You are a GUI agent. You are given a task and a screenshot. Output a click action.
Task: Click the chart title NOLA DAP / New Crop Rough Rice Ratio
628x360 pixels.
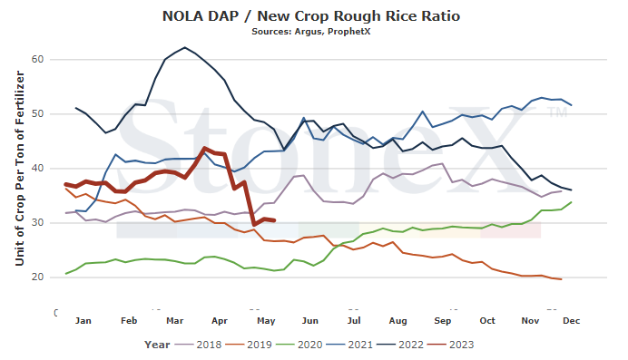311,16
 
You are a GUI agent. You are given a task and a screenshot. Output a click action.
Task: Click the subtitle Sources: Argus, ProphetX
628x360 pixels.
311,32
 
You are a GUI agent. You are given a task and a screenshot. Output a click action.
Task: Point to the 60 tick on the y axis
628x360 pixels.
37,59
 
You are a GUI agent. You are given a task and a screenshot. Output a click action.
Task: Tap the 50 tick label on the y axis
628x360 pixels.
37,114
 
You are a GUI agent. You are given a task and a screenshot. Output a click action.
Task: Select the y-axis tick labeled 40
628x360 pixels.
37,169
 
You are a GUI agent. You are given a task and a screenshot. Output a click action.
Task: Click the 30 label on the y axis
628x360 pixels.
37,223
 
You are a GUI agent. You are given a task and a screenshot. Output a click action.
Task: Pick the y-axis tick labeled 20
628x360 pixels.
37,277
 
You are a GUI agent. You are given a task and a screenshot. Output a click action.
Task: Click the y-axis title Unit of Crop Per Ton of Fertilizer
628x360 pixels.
20,169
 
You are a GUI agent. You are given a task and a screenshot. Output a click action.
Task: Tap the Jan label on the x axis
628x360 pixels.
83,321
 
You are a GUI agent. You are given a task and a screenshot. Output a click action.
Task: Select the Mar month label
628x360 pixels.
174,321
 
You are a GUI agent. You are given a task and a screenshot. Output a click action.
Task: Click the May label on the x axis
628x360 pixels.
266,321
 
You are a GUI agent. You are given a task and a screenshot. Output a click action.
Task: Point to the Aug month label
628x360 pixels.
397,321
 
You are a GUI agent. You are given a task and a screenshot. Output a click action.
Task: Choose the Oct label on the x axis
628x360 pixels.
487,321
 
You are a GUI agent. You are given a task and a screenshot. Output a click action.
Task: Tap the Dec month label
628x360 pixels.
572,321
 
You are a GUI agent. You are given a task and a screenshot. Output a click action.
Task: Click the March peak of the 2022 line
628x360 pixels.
184,47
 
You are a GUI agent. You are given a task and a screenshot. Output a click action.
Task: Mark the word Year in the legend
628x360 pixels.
157,345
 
